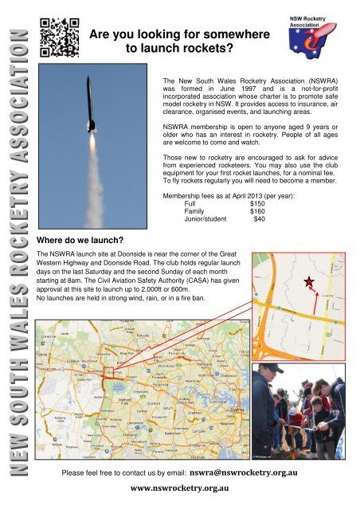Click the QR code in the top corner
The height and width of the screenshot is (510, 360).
pos(59,38)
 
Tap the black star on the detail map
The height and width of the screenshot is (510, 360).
pos(308,283)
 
